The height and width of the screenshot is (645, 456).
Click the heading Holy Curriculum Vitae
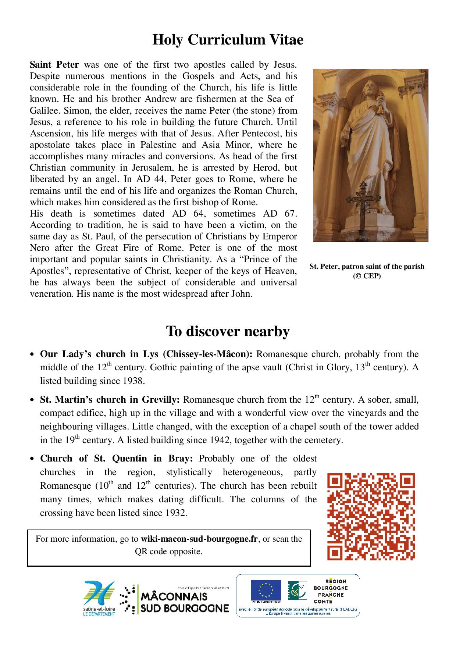228,40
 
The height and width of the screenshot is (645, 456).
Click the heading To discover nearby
228,331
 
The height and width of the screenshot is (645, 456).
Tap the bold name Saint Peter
54,65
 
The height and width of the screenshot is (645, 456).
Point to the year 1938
131,381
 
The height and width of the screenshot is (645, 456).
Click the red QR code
371,517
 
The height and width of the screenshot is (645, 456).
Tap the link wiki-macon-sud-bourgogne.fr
199,539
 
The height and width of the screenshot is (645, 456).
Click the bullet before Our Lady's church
32,355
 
